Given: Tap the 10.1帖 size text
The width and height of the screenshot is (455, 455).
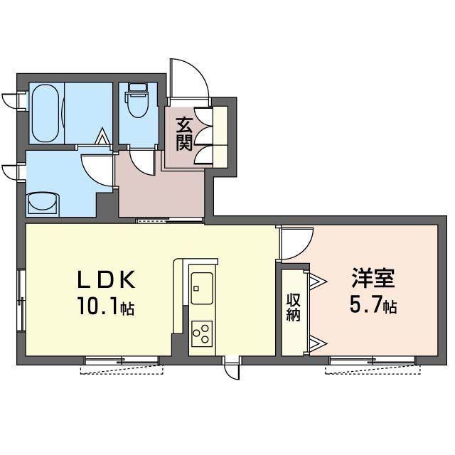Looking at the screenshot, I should [x=107, y=308].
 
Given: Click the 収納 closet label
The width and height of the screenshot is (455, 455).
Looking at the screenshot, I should [x=292, y=309].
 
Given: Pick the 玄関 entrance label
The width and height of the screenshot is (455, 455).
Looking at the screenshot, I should [x=184, y=133].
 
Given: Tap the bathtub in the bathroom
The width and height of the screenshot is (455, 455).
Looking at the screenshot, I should [x=47, y=114].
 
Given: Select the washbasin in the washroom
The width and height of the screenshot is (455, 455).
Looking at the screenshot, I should [x=43, y=203].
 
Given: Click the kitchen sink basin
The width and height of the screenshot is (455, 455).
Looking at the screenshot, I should [x=200, y=287].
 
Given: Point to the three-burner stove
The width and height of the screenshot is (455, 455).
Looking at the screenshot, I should [x=202, y=333].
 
